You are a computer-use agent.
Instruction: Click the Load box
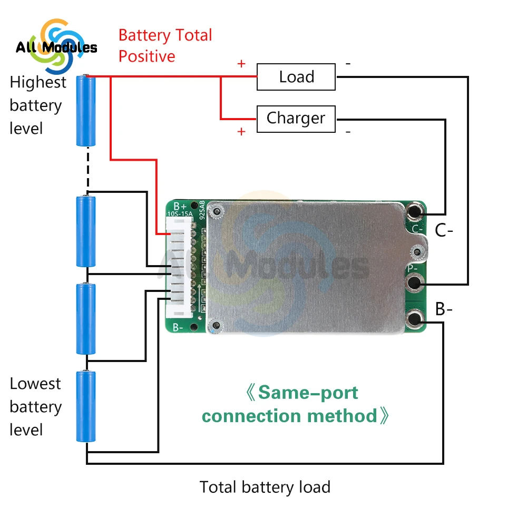point(296,77)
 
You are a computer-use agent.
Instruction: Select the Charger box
point(296,119)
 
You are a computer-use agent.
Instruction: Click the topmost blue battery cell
point(86,110)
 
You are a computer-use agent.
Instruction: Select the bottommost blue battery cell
point(86,406)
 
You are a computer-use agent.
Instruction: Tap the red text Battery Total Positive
point(165,46)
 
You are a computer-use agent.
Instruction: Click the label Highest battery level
point(37,105)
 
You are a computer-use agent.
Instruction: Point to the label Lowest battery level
point(36,406)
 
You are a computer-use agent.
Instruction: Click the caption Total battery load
point(265,487)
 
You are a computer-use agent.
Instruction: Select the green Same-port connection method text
point(295,404)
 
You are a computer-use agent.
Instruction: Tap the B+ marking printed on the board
point(180,206)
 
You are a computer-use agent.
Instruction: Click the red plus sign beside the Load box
point(241,64)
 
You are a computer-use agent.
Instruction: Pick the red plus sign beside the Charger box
point(241,132)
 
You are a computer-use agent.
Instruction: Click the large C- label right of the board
point(444,231)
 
